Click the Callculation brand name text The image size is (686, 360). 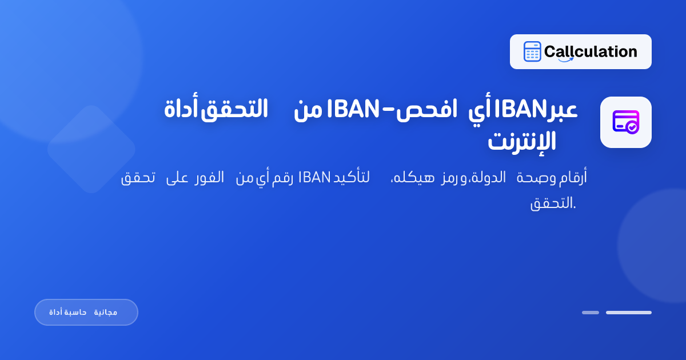(x=591, y=52)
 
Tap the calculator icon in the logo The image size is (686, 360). (x=532, y=52)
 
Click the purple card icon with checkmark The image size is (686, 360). (x=625, y=122)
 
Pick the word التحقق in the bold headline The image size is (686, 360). (x=234, y=109)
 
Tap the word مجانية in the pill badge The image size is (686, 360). (x=106, y=313)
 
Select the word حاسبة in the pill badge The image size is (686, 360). (x=75, y=313)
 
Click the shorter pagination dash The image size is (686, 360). (x=591, y=313)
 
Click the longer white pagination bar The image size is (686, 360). (x=629, y=313)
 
